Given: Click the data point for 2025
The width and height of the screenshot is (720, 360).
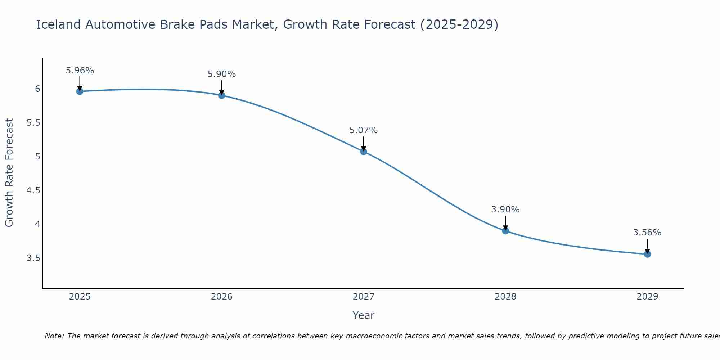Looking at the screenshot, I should (80, 91).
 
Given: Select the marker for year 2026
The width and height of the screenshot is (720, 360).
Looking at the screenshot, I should (222, 95).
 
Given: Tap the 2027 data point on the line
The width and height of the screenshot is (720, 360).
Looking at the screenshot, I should (364, 152).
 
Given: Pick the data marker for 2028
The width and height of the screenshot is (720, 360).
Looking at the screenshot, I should (505, 231).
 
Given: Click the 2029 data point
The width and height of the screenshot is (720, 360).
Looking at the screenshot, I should (647, 254).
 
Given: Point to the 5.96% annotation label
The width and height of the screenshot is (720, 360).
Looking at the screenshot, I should (80, 71).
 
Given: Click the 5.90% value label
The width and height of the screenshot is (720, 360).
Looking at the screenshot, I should (222, 74).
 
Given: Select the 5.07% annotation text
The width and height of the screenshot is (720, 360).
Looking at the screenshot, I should (364, 130).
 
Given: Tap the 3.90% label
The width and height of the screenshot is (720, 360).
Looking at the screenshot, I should (505, 210).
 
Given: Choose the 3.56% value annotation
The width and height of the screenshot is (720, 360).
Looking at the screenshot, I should (647, 233).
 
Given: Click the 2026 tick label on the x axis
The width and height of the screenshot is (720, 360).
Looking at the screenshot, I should (222, 297).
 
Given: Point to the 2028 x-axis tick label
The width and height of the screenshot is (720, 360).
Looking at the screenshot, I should (505, 297).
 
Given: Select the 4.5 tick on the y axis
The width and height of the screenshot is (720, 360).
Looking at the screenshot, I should (33, 190).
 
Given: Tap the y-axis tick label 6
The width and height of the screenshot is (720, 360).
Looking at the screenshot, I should (37, 89).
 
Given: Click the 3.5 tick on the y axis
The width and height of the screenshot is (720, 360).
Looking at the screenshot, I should (33, 258).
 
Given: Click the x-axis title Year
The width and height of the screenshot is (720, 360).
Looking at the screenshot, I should (364, 315).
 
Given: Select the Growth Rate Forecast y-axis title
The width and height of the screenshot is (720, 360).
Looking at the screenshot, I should (9, 173).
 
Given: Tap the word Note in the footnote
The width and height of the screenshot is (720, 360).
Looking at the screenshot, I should (54, 336).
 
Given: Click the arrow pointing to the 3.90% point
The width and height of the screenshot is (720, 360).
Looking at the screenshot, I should (505, 223).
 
